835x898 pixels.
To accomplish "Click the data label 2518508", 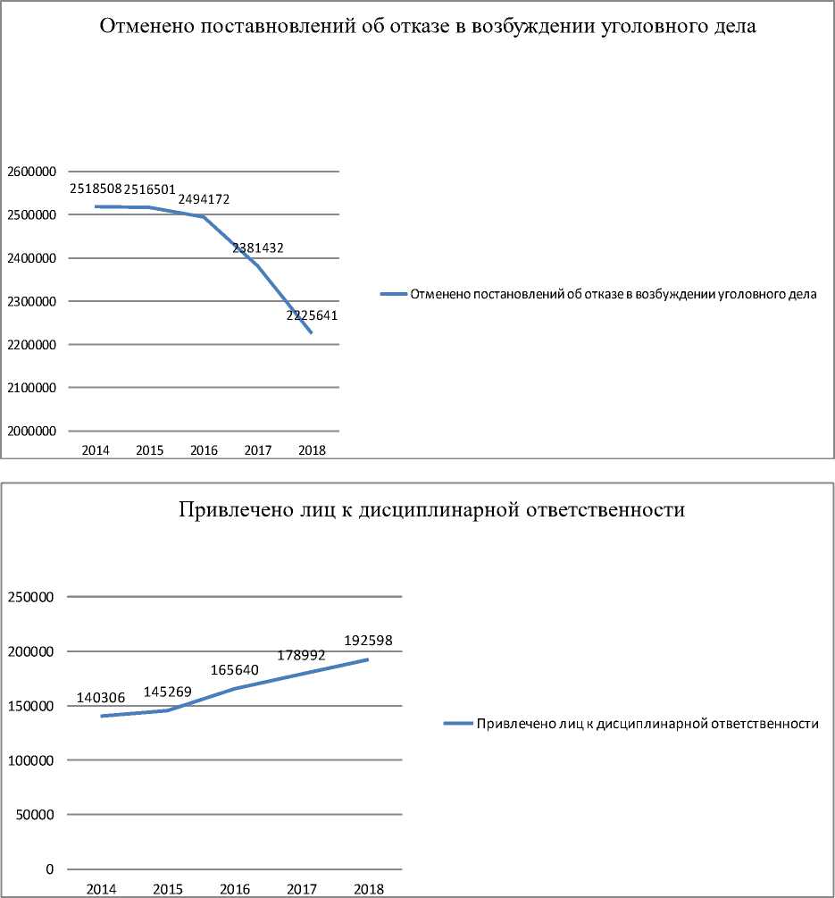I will pos(96,189).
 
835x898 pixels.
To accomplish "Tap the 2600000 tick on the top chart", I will pos(29,172).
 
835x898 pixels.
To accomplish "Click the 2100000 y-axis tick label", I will pos(29,388).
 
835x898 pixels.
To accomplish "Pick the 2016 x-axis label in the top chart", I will pos(205,450).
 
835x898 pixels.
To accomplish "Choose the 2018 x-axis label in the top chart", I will pos(313,450).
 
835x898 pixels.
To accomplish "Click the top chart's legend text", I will pos(613,293).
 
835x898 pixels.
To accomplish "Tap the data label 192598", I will pos(368,641).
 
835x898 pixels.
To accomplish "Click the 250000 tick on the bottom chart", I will pos(32,597).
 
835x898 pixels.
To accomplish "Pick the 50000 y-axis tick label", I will pos(36,815).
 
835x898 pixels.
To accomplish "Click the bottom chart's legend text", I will pos(647,724).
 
